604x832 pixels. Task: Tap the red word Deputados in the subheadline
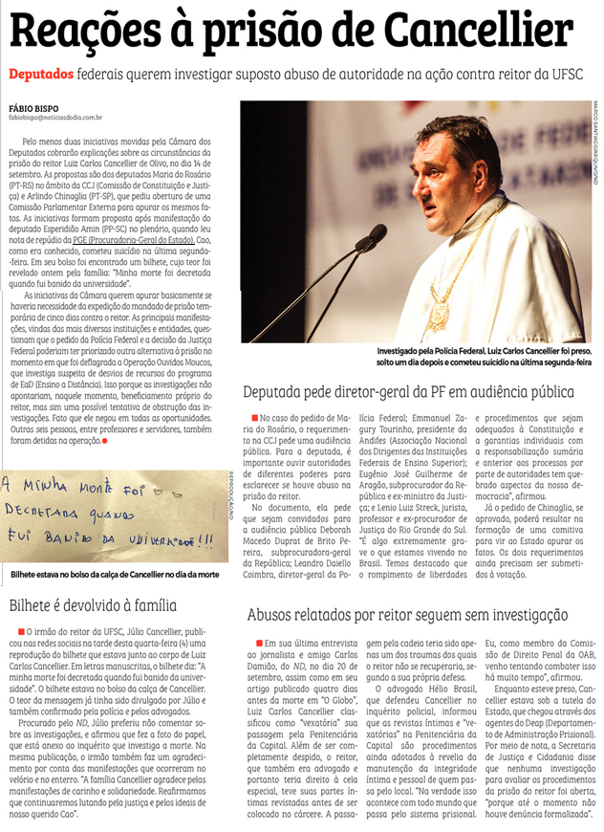(x=40, y=74)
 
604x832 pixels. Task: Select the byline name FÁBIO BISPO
(x=34, y=107)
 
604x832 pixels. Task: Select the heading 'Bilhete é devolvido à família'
(x=92, y=605)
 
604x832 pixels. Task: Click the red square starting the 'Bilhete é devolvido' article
(x=21, y=632)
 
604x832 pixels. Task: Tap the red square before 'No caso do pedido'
(x=254, y=419)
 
